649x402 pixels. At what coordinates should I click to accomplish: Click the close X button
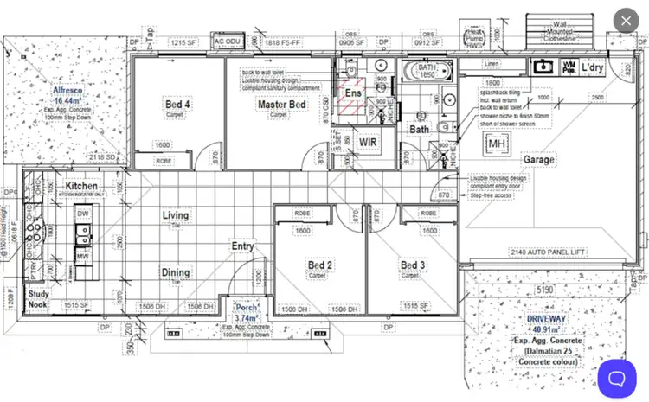pyautogui.click(x=626, y=21)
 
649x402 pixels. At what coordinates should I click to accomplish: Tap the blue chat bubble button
pyautogui.click(x=616, y=378)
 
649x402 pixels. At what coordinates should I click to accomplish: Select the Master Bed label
pyautogui.click(x=281, y=105)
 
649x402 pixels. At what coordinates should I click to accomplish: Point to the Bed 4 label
pyautogui.click(x=177, y=105)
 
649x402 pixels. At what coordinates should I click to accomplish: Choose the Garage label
pyautogui.click(x=538, y=160)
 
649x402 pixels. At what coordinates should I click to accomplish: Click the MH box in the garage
pyautogui.click(x=497, y=143)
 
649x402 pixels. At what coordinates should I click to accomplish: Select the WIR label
pyautogui.click(x=369, y=143)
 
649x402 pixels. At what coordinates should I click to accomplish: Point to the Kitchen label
pyautogui.click(x=81, y=186)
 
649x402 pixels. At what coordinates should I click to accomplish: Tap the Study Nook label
pyautogui.click(x=37, y=300)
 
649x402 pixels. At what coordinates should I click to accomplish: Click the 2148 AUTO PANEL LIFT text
pyautogui.click(x=547, y=252)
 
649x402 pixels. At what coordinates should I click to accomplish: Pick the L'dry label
pyautogui.click(x=592, y=67)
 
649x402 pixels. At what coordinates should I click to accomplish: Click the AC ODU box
pyautogui.click(x=228, y=41)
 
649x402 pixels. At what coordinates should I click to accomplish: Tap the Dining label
pyautogui.click(x=175, y=272)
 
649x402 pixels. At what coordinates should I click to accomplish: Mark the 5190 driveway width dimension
pyautogui.click(x=543, y=290)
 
